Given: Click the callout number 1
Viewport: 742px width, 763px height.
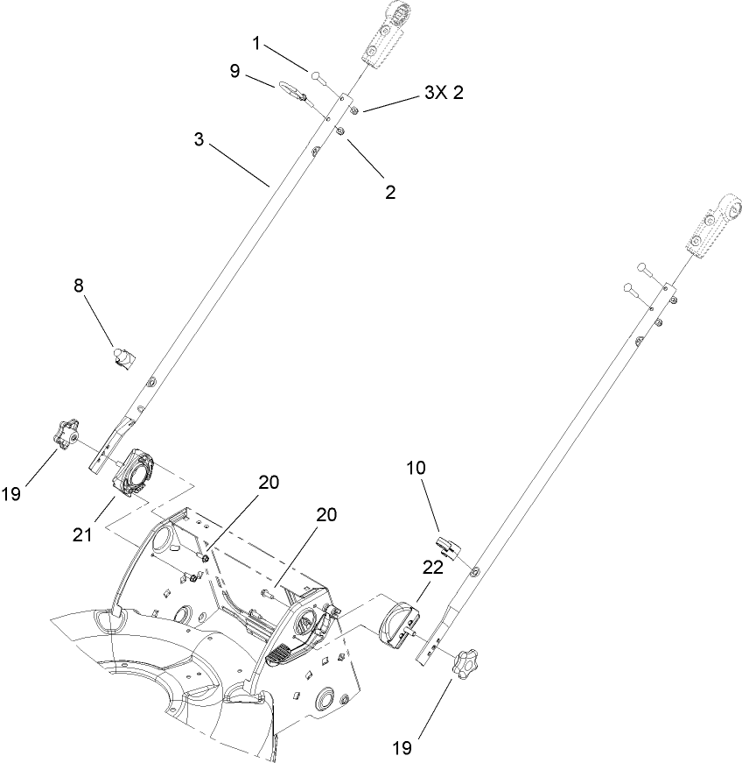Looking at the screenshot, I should tap(256, 42).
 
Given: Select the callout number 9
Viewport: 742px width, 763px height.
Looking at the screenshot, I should tap(234, 72).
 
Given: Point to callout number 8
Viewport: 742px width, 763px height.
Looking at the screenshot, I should tap(78, 286).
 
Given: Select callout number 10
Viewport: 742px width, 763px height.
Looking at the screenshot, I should tap(415, 469).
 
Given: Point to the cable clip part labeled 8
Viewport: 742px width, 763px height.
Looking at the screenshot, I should tap(123, 357).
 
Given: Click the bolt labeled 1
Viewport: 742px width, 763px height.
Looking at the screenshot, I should tap(316, 77).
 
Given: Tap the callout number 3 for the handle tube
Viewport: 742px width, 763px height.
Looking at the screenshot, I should tap(199, 140).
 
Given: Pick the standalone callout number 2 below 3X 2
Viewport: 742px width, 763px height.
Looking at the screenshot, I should tap(390, 193).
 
